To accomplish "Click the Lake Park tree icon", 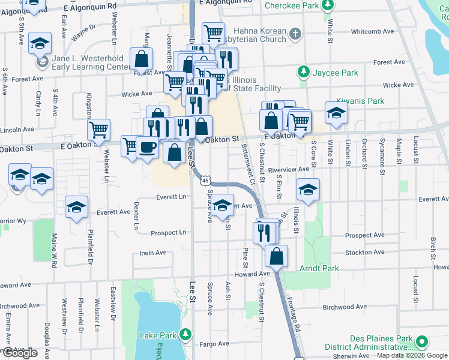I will click(x=186, y=334).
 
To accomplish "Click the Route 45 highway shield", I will click(x=206, y=181).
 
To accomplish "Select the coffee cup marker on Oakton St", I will click(x=147, y=146).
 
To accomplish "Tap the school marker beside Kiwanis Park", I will click(x=336, y=112).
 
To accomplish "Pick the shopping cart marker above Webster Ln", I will click(x=99, y=129).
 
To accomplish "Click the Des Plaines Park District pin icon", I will click(x=422, y=342).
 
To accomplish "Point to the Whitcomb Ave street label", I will click(x=372, y=31).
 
